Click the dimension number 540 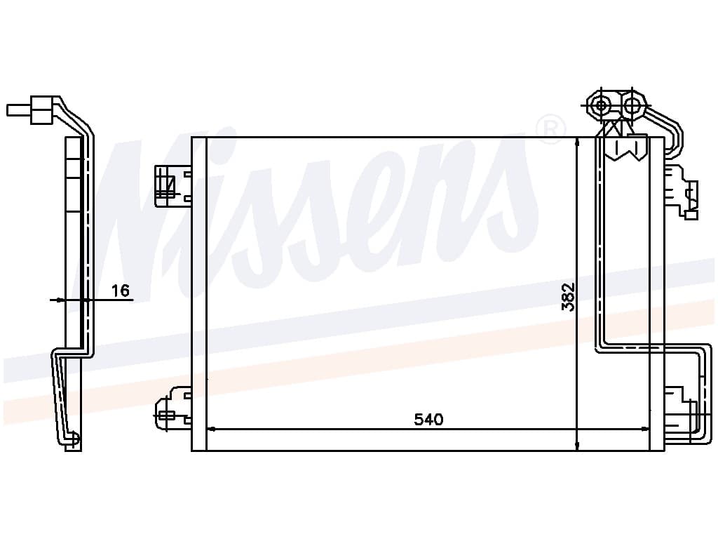pyautogui.click(x=428, y=419)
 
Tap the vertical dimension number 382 pyautogui.click(x=568, y=297)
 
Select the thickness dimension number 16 pyautogui.click(x=121, y=290)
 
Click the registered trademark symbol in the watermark pyautogui.click(x=550, y=129)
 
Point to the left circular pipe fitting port pyautogui.click(x=601, y=106)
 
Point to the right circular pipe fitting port pyautogui.click(x=632, y=106)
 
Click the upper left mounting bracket pyautogui.click(x=172, y=185)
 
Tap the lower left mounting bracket pyautogui.click(x=172, y=408)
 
